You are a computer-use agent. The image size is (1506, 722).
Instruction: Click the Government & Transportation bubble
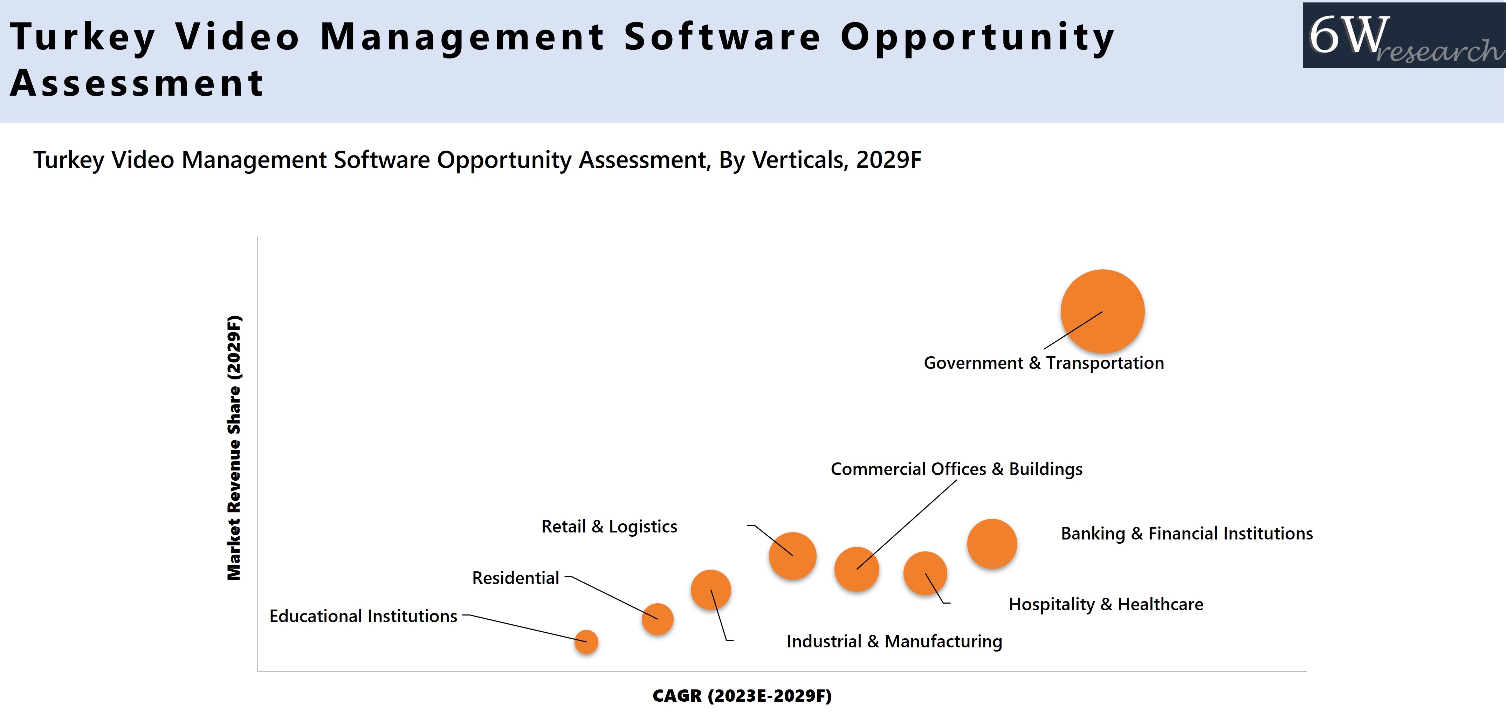1102,311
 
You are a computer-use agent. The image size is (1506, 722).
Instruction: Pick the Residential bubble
657,619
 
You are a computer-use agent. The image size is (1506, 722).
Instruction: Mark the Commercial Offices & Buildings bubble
857,569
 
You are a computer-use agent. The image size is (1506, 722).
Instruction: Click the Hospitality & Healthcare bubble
925,573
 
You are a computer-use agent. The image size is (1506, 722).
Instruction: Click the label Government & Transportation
1044,363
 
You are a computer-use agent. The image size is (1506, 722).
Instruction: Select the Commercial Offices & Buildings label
956,469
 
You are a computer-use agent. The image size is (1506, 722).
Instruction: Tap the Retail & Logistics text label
609,526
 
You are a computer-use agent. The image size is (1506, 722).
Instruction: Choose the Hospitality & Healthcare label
1106,604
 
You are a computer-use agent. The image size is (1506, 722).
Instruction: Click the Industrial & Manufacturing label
894,641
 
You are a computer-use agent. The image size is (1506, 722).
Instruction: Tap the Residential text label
516,578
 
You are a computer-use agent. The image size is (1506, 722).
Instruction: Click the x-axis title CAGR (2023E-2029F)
742,696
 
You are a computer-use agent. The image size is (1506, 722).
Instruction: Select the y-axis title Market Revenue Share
234,448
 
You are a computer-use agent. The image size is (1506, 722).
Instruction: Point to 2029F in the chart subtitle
889,160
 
